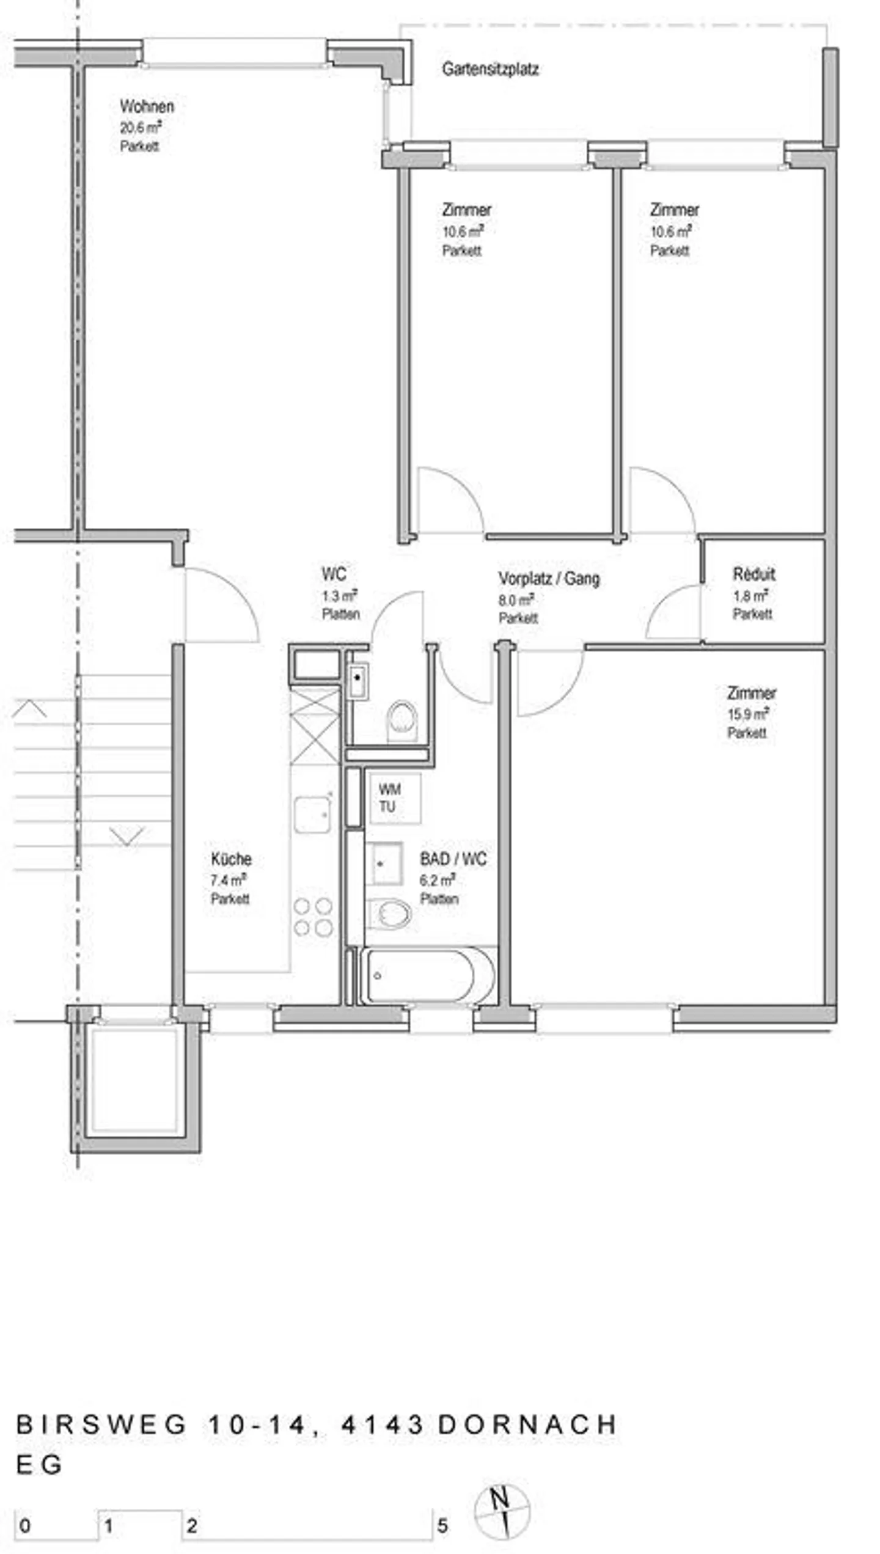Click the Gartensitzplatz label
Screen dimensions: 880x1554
tap(490, 69)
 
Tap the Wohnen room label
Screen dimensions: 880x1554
tap(147, 106)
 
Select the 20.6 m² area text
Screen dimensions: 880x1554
tap(141, 127)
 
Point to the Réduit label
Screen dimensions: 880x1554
tap(754, 574)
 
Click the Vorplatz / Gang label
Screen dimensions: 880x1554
tap(549, 578)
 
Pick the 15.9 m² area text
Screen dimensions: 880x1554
tap(747, 713)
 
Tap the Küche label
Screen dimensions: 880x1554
tap(231, 859)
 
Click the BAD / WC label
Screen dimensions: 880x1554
tap(453, 859)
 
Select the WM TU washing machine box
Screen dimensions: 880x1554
tap(394, 798)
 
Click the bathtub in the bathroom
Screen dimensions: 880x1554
tap(428, 976)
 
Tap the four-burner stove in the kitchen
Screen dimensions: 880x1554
tap(313, 917)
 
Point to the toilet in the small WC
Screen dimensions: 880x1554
tap(402, 720)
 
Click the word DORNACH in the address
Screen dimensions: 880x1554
tap(527, 1424)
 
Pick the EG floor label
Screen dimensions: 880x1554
tap(38, 1464)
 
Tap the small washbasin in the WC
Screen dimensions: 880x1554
tap(358, 681)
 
